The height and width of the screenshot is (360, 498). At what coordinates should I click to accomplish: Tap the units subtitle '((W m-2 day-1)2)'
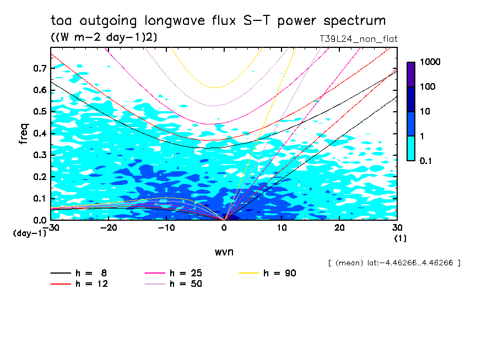[104, 37]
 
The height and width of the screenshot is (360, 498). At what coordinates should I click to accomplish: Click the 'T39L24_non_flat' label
[358, 39]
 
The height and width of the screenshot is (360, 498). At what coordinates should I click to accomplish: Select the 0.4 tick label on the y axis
[40, 133]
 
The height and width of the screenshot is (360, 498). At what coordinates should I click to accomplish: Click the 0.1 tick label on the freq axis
[40, 198]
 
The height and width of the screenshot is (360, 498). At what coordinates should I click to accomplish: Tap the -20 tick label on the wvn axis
[109, 228]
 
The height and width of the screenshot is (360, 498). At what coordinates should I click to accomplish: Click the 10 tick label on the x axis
[282, 228]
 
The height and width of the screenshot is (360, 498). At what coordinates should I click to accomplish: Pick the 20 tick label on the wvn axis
[339, 228]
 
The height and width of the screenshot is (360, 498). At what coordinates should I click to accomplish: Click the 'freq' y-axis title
[24, 134]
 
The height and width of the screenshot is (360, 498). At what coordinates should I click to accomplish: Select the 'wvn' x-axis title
[224, 252]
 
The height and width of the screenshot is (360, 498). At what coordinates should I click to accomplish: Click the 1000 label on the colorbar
[430, 62]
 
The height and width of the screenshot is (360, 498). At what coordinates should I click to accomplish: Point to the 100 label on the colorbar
[427, 86]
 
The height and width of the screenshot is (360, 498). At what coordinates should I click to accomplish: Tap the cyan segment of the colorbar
[411, 148]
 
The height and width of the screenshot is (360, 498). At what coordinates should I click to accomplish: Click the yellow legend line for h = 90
[249, 273]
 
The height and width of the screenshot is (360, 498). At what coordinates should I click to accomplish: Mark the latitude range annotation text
[394, 263]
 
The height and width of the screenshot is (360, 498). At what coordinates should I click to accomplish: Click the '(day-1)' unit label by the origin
[30, 233]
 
